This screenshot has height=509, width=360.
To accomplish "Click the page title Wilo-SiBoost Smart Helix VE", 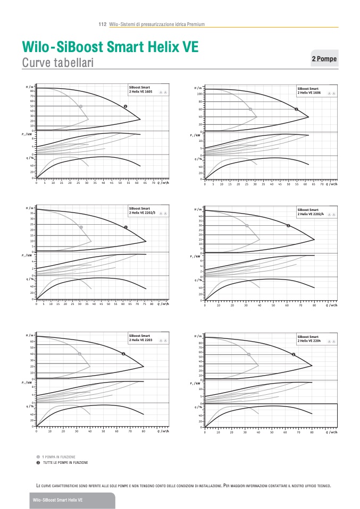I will coord(110,47).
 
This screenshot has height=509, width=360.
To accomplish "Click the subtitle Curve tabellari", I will coord(58,63).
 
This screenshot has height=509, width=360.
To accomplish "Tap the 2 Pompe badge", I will coord(324,58).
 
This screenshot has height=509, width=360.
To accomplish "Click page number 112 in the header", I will coord(103,24).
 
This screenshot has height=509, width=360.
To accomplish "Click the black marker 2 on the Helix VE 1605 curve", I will coord(125,106).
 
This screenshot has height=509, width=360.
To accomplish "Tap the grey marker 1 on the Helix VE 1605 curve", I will coord(81,106).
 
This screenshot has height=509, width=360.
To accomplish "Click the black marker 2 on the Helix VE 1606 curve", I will coord(296,109).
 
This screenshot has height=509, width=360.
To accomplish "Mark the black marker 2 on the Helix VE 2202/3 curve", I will coord(126,227).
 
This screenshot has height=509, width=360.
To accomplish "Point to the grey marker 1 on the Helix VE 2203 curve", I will coord(80,353).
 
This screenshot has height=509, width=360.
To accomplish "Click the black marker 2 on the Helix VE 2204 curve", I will coord(294,354).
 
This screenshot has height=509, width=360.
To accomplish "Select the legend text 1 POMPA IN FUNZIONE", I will coord(59,457).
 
